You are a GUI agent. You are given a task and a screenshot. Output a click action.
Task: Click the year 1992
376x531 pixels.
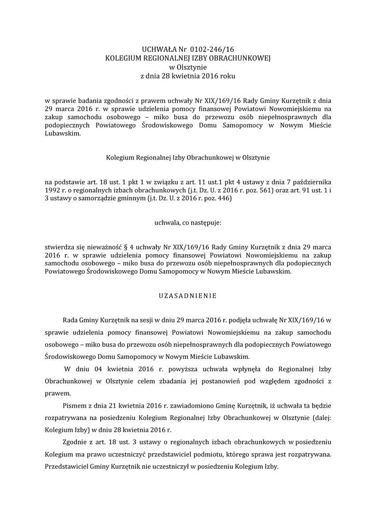(x=53, y=190)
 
